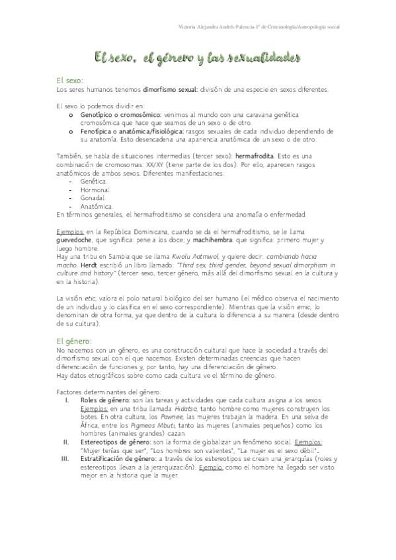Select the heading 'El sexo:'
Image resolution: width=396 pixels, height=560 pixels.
click(x=70, y=80)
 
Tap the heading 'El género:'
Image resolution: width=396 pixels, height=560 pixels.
click(x=74, y=341)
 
